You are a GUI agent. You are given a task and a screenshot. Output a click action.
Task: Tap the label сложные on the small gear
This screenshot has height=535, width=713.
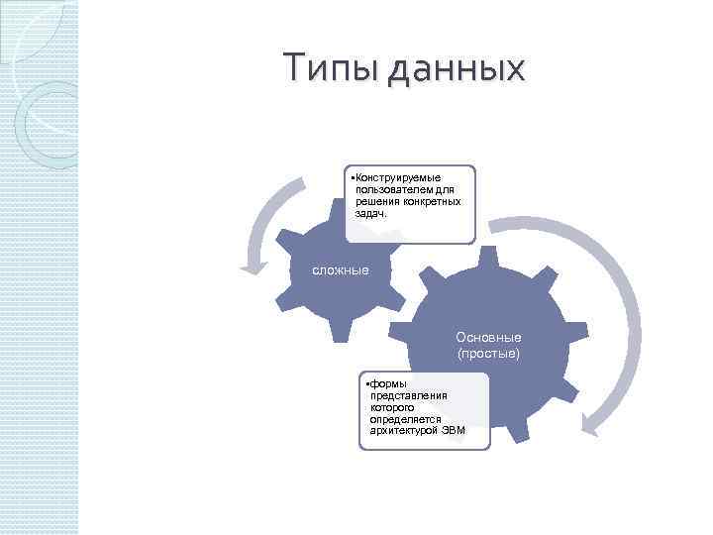click(341, 269)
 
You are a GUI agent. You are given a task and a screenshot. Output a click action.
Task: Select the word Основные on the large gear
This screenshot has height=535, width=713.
click(488, 338)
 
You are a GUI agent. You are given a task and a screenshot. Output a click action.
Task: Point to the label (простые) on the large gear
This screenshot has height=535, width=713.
click(488, 353)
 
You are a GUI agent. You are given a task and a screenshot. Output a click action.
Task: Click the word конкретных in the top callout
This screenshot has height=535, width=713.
click(432, 201)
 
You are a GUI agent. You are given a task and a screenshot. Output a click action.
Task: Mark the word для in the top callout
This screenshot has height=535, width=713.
click(445, 189)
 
